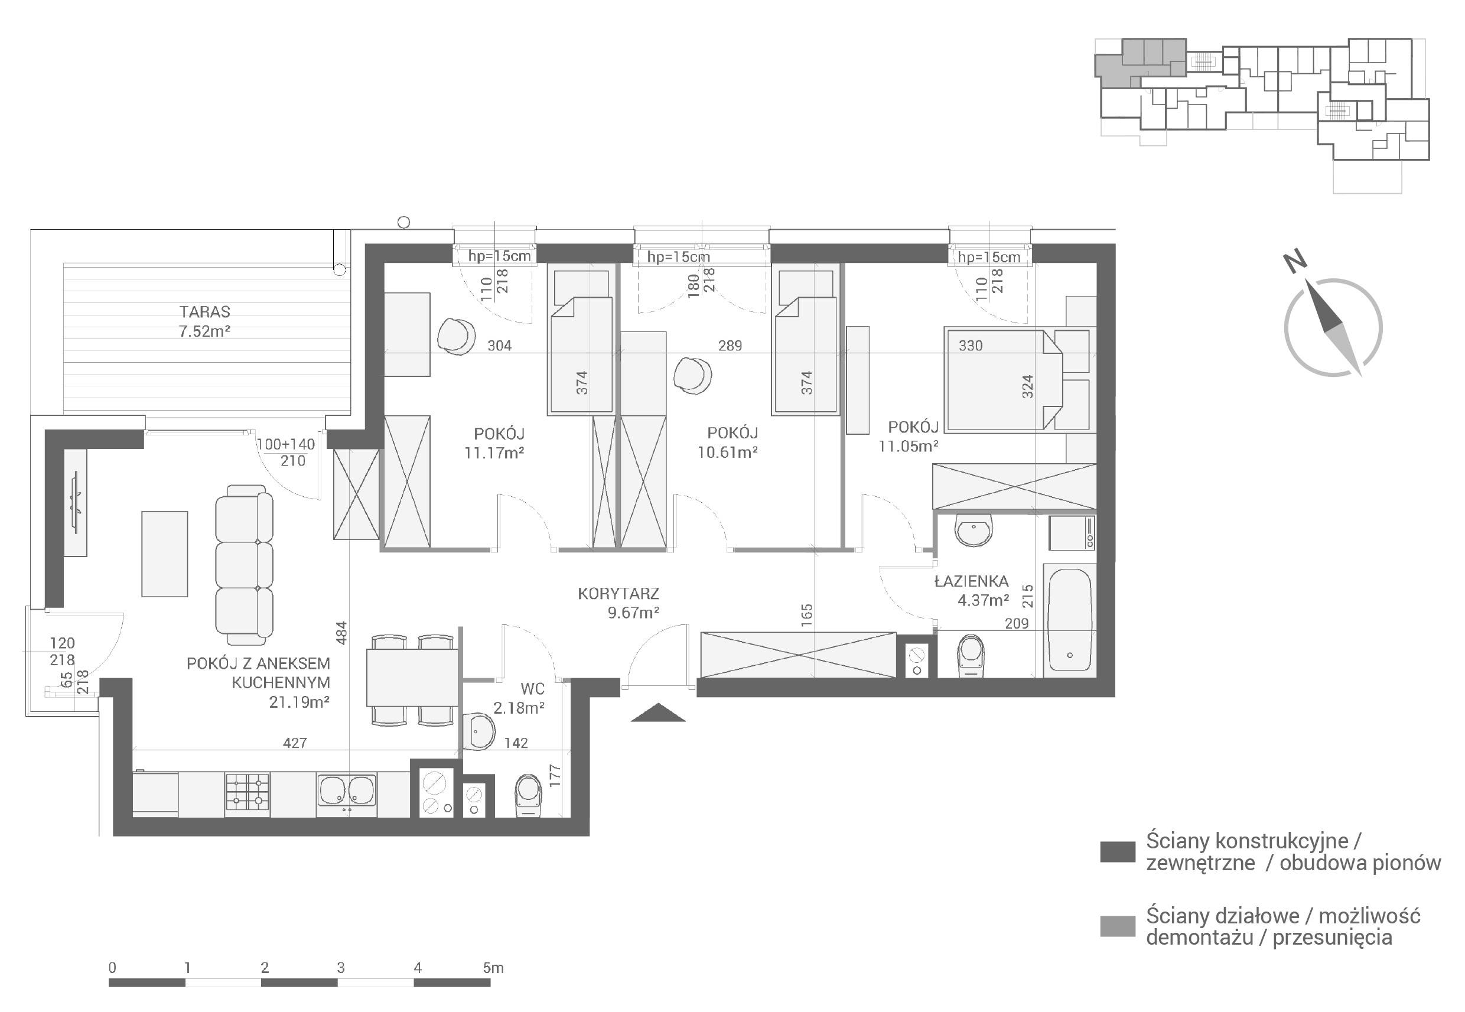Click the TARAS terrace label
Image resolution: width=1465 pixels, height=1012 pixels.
pos(204,311)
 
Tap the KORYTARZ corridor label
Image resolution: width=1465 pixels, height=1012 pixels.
pos(618,594)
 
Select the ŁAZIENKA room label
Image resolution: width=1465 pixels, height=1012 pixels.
pos(971,581)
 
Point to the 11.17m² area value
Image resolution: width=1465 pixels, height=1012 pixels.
pos(494,453)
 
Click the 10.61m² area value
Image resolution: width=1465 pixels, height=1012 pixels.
pos(728,452)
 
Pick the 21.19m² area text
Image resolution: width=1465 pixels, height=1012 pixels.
pos(299,702)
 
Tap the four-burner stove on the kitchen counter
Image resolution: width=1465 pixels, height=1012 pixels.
pos(248,792)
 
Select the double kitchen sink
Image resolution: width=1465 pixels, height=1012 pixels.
pos(346,793)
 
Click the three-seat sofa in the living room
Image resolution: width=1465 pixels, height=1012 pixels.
pos(245,561)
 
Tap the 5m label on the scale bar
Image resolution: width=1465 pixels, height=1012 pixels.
pos(493,968)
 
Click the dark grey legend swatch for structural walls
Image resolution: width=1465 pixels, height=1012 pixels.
pos(1118,851)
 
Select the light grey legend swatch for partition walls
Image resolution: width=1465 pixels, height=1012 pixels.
pos(1118,926)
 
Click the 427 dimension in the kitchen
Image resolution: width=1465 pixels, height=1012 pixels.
pos(295,743)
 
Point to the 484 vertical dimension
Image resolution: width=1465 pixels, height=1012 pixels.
pos(341,633)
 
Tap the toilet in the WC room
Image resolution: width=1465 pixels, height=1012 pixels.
pos(528,795)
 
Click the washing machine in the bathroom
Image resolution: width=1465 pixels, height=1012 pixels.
pos(1072,533)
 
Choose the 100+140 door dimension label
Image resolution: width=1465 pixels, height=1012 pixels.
pos(285,444)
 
